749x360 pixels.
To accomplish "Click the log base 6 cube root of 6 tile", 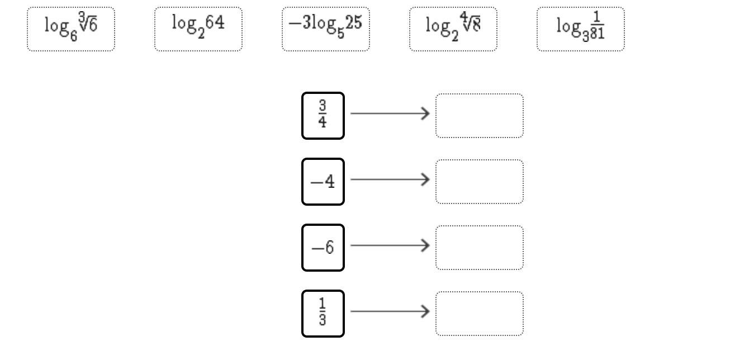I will pyautogui.click(x=71, y=29).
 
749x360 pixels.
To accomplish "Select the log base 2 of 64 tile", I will pyautogui.click(x=198, y=29).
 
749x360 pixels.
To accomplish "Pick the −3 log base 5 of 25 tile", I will pyautogui.click(x=326, y=29).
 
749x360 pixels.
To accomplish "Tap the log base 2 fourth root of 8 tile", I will pyautogui.click(x=453, y=29).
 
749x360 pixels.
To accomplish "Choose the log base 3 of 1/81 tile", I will pyautogui.click(x=581, y=29).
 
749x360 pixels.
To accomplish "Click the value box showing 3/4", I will pyautogui.click(x=323, y=116).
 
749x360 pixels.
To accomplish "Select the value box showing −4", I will pyautogui.click(x=323, y=182).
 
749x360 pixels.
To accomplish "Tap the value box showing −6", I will pyautogui.click(x=323, y=248).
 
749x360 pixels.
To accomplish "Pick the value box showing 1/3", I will pyautogui.click(x=323, y=314).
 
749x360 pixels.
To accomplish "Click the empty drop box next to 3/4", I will pyautogui.click(x=480, y=116).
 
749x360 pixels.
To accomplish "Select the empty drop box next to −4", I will pyautogui.click(x=480, y=182).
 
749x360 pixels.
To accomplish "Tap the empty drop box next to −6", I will pyautogui.click(x=480, y=248).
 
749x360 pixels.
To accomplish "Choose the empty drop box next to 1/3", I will pyautogui.click(x=480, y=314).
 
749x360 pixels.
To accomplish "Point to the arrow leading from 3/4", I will pyautogui.click(x=390, y=113).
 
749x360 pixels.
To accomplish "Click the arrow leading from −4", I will pyautogui.click(x=390, y=179).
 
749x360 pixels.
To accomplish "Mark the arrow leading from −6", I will pyautogui.click(x=390, y=245).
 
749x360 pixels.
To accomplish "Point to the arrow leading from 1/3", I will pyautogui.click(x=390, y=311).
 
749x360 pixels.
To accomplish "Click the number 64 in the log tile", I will pyautogui.click(x=215, y=23).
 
